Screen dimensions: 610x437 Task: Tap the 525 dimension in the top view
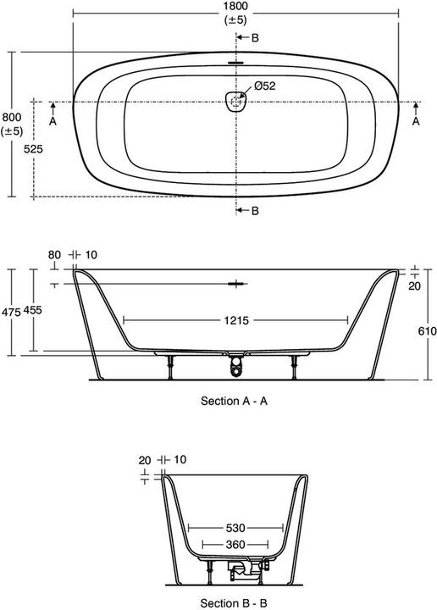tap(33, 147)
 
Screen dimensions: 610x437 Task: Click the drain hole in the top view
tap(235, 102)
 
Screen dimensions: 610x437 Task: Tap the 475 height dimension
tap(10, 312)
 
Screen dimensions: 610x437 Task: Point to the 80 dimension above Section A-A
tap(55, 254)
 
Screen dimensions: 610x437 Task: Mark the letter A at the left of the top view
tap(53, 122)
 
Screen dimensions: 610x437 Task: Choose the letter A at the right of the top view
tap(415, 122)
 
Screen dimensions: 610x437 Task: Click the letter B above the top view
tap(255, 38)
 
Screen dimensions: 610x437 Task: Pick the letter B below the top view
tap(255, 210)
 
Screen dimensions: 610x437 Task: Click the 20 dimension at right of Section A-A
tap(415, 286)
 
